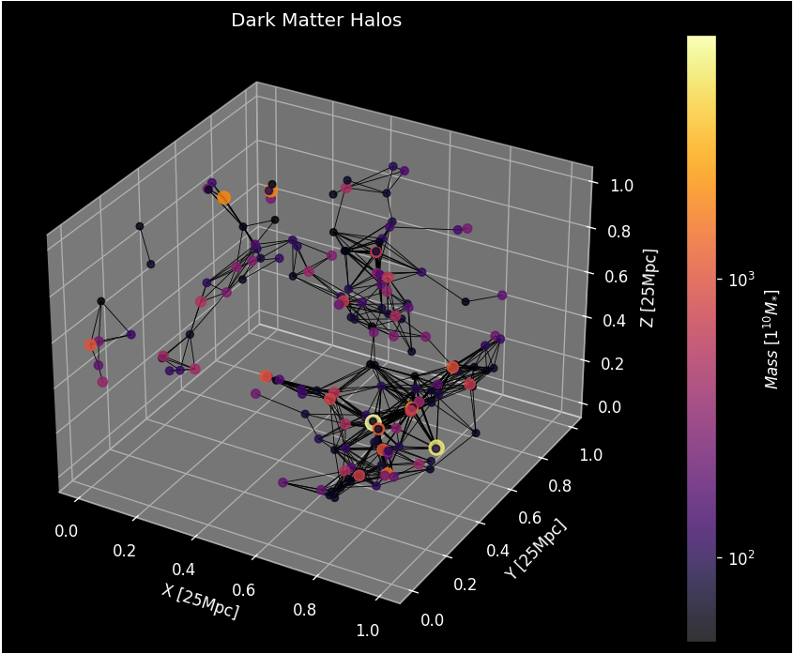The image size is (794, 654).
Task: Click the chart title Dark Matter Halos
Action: click(x=316, y=20)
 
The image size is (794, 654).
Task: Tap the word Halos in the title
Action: click(x=375, y=20)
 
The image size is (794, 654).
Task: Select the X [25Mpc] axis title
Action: click(x=200, y=601)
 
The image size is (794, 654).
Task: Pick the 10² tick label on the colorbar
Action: click(x=741, y=557)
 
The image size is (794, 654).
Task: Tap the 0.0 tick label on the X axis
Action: click(x=67, y=531)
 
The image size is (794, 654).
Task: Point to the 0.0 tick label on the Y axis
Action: click(x=433, y=619)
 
